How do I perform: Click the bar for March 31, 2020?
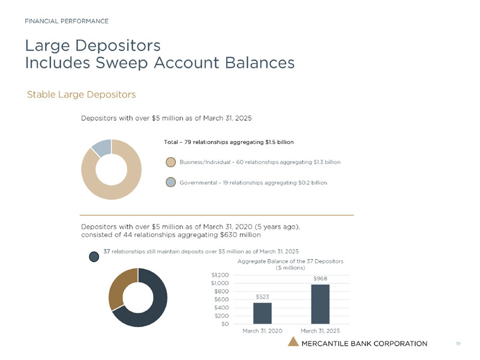pos(262,313)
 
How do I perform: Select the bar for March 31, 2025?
pos(320,304)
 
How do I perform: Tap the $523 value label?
pos(262,296)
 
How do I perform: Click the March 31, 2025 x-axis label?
pos(320,331)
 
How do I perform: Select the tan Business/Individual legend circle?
pos(171,162)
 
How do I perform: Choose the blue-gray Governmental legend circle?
pos(171,182)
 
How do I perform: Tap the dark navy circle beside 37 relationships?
pos(94,257)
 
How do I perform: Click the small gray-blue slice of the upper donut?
pos(102,148)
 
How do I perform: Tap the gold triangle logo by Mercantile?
pos(293,343)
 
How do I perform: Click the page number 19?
pos(458,343)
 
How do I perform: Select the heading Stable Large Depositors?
pos(81,95)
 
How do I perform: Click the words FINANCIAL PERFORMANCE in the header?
pos(67,21)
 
